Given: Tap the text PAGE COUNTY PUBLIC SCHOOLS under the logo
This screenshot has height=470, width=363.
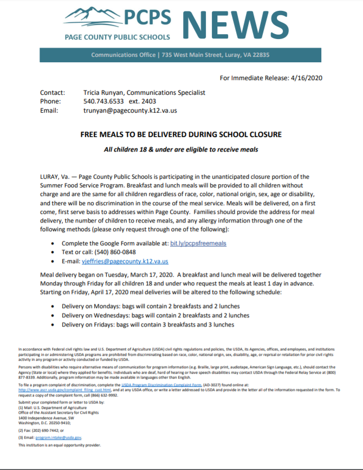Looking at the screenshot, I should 117,37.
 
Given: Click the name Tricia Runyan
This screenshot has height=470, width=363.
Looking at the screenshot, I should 106,93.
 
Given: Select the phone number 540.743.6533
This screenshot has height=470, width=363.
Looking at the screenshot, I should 103,101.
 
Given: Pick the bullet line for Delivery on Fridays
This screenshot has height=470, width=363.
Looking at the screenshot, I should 147,324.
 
